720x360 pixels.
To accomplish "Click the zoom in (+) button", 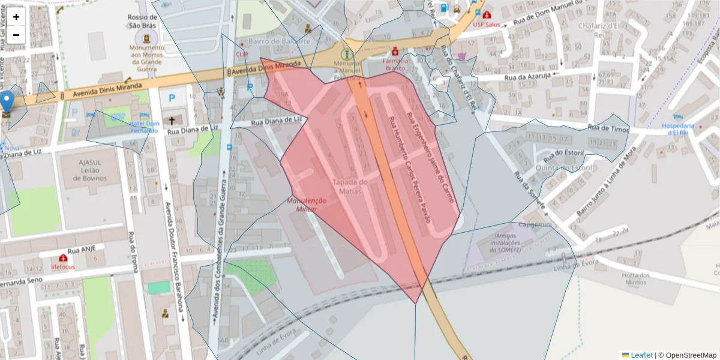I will click(16, 17).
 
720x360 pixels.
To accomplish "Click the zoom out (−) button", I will click(16, 35).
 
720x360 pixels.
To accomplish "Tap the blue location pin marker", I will click(7, 103).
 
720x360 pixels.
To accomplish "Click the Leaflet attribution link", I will click(641, 355).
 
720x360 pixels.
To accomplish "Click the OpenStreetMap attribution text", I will click(687, 355).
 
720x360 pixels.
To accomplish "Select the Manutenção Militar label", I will click(307, 206).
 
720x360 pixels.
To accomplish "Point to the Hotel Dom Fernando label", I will click(143, 127).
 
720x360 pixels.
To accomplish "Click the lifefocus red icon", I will click(62, 259).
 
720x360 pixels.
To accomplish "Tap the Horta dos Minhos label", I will click(636, 279).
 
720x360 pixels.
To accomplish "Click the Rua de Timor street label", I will click(607, 127).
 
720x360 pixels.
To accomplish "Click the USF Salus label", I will click(487, 25).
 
